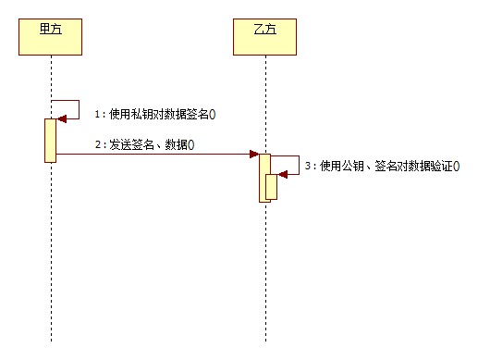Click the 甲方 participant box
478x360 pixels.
pos(51,36)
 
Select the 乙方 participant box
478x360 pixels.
pos(264,36)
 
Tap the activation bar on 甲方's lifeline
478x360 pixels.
pos(51,140)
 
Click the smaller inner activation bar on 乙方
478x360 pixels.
pos(272,186)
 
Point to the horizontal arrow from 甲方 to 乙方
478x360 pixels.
pos(157,154)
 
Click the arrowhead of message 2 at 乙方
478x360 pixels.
pos(252,154)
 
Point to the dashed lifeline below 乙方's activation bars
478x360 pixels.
pos(265,278)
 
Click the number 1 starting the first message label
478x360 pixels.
pos(97,114)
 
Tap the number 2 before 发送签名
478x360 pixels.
pos(97,145)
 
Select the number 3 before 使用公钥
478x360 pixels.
pos(308,167)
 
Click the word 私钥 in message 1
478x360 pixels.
pos(142,114)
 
